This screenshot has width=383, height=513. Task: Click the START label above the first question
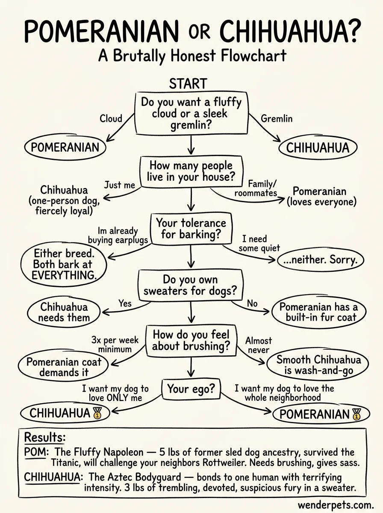[188, 83]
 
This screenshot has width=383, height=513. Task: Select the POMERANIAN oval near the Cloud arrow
[65, 147]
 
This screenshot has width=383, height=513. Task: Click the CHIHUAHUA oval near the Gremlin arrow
[318, 148]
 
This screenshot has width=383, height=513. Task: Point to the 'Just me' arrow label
[120, 185]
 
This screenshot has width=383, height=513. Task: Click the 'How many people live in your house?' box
[191, 171]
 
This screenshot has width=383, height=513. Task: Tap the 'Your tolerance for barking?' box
[191, 229]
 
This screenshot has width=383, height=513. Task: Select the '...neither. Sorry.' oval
[320, 259]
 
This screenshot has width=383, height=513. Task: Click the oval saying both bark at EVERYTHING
[63, 264]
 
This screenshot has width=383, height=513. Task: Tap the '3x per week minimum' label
[115, 345]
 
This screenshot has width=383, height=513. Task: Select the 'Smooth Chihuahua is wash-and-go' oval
[318, 365]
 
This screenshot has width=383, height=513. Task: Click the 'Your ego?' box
[191, 389]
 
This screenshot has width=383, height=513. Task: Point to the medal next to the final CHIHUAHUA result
[97, 413]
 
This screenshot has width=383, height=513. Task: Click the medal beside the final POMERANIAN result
[356, 414]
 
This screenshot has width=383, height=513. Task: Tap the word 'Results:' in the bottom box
[45, 437]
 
